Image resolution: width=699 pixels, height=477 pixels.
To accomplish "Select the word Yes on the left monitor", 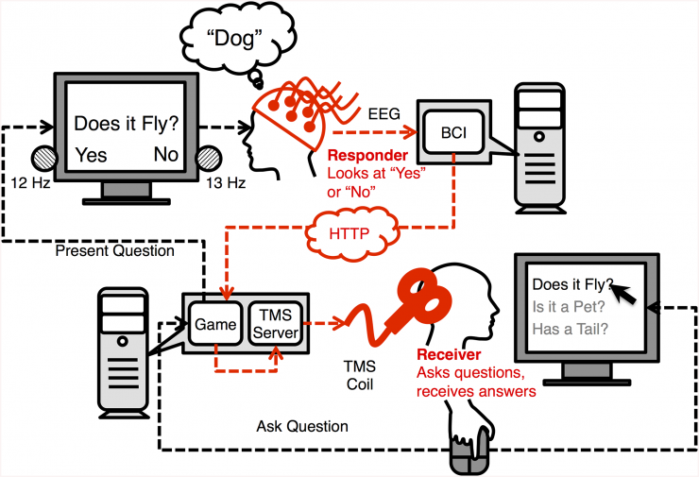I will click(x=91, y=155).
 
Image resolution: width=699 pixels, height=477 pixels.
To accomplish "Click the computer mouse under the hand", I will click(x=469, y=459).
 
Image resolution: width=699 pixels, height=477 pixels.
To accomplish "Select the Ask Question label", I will click(x=302, y=427).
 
